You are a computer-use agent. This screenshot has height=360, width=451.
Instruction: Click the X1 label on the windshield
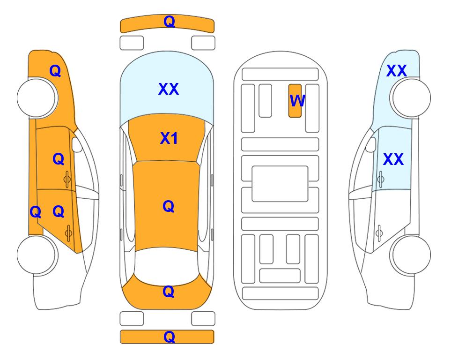point(169,138)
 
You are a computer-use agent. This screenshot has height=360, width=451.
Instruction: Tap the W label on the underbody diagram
point(297,100)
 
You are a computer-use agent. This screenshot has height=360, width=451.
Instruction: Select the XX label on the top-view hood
point(169,89)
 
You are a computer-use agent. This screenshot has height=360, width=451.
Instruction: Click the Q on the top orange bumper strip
point(169,22)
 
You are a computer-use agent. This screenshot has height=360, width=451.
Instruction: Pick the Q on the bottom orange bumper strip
point(169,337)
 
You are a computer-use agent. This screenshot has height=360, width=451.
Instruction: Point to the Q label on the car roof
point(168,206)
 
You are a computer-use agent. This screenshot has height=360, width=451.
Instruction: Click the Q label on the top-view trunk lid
point(168,292)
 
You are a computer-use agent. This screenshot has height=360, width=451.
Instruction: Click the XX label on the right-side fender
point(396,71)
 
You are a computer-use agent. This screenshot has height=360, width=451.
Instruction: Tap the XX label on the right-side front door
point(393,159)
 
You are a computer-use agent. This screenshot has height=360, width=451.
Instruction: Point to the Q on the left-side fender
point(55,71)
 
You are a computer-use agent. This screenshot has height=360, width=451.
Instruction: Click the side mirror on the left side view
point(77,144)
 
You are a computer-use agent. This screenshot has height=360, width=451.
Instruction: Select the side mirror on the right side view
point(371,144)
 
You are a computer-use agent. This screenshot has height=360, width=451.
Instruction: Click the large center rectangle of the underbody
point(280,184)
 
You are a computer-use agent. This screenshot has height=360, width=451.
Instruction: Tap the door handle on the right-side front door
point(380,179)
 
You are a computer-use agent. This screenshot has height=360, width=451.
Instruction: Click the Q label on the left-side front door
point(59,159)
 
